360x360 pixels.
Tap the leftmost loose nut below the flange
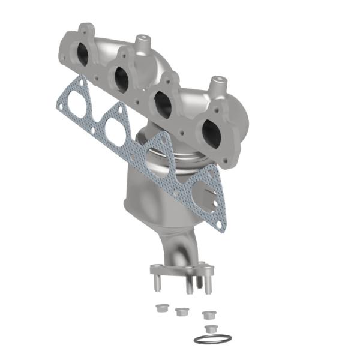pos(161,308)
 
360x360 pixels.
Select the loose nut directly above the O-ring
pos(210,328)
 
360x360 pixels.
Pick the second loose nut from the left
pos(181,311)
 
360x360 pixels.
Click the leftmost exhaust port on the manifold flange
pos(83,53)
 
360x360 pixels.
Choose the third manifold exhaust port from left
pos(163,103)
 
